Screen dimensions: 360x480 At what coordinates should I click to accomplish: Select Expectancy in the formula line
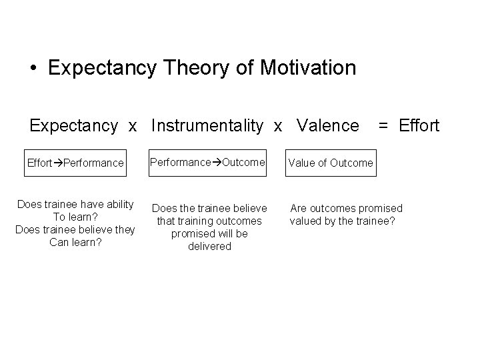click(x=73, y=125)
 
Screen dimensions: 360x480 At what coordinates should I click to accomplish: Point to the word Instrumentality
click(x=207, y=125)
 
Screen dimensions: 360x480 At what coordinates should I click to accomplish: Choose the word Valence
click(x=327, y=125)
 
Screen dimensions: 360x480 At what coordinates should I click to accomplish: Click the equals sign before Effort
click(x=384, y=125)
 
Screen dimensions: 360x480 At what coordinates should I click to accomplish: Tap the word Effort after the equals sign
click(x=419, y=125)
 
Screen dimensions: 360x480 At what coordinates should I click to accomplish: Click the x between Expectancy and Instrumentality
click(x=133, y=125)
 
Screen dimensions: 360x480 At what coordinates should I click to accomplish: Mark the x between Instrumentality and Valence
click(x=279, y=125)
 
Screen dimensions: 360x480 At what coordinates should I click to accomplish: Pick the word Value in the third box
click(x=302, y=163)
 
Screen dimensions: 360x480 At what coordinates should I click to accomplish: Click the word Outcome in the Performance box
click(x=243, y=162)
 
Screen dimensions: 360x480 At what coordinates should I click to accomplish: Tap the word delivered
click(x=209, y=247)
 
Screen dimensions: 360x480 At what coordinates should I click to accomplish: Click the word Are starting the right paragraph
click(x=297, y=209)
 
